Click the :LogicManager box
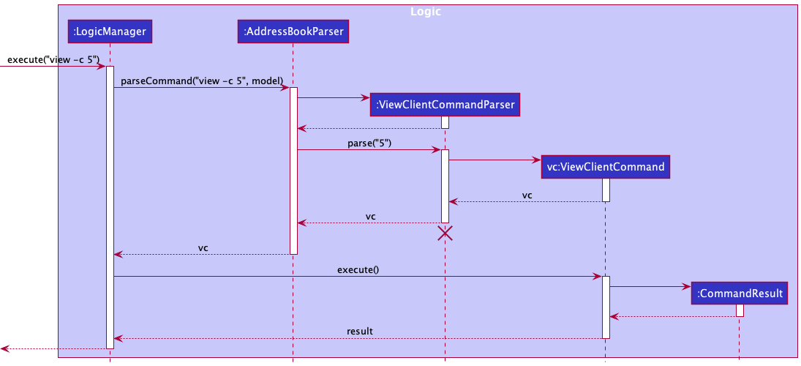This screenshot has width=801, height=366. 109,31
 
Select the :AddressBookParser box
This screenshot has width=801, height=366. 292,31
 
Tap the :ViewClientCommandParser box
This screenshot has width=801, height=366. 445,105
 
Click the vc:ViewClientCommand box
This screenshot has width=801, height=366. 605,167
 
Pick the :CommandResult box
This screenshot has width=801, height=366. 739,294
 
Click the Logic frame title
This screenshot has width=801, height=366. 426,12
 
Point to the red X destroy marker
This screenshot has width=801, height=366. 445,234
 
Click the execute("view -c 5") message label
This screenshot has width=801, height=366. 53,59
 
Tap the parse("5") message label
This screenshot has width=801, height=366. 369,143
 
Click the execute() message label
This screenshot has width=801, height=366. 358,269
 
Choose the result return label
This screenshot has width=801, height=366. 359,331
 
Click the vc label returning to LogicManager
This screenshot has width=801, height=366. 203,247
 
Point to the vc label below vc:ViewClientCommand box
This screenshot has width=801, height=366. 527,195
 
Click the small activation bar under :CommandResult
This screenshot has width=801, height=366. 740,310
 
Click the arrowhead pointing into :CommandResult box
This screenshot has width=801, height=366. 687,286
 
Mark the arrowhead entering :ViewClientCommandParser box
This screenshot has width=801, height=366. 366,97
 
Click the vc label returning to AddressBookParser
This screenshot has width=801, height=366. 370,217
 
